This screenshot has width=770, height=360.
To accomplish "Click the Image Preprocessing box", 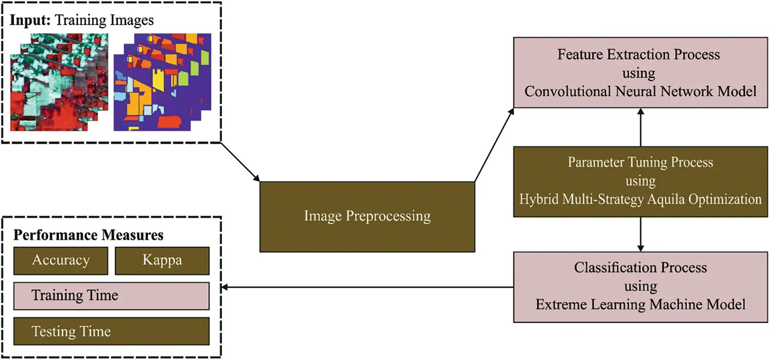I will click(367, 216).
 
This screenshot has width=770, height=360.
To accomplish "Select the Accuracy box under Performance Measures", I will click(60, 261).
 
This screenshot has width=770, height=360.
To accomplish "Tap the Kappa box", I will click(162, 261).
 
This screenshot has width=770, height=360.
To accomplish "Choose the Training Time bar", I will click(111, 296).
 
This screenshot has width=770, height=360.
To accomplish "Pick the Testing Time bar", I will click(111, 331).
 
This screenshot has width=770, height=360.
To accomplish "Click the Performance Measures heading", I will click(88, 235).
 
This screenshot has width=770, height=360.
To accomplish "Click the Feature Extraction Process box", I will click(640, 73).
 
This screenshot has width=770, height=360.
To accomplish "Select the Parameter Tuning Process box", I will click(640, 181).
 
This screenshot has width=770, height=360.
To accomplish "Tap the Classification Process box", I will click(640, 286).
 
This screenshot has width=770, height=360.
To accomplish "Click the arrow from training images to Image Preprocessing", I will click(240, 163).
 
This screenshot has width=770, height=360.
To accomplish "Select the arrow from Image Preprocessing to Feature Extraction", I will click(494, 145).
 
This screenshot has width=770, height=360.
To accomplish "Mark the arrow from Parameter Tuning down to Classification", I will click(640, 234).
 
